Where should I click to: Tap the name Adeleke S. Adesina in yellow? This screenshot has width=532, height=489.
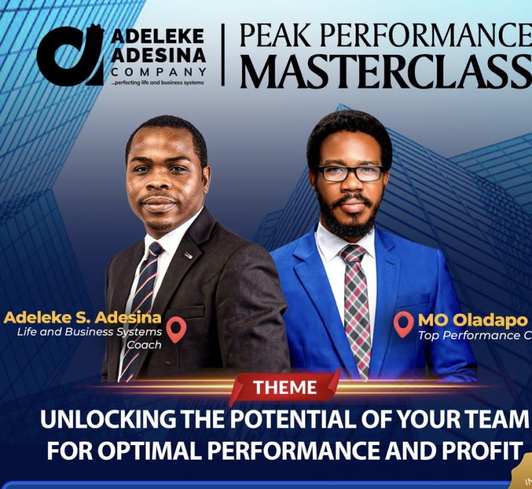pos(80,317)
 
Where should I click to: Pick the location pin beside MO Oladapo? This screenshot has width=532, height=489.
pos(403,324)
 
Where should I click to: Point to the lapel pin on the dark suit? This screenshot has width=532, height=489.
pos(188,255)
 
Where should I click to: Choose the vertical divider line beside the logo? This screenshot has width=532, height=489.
pos(223,55)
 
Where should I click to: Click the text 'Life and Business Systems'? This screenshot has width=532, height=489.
pos(90,331)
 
